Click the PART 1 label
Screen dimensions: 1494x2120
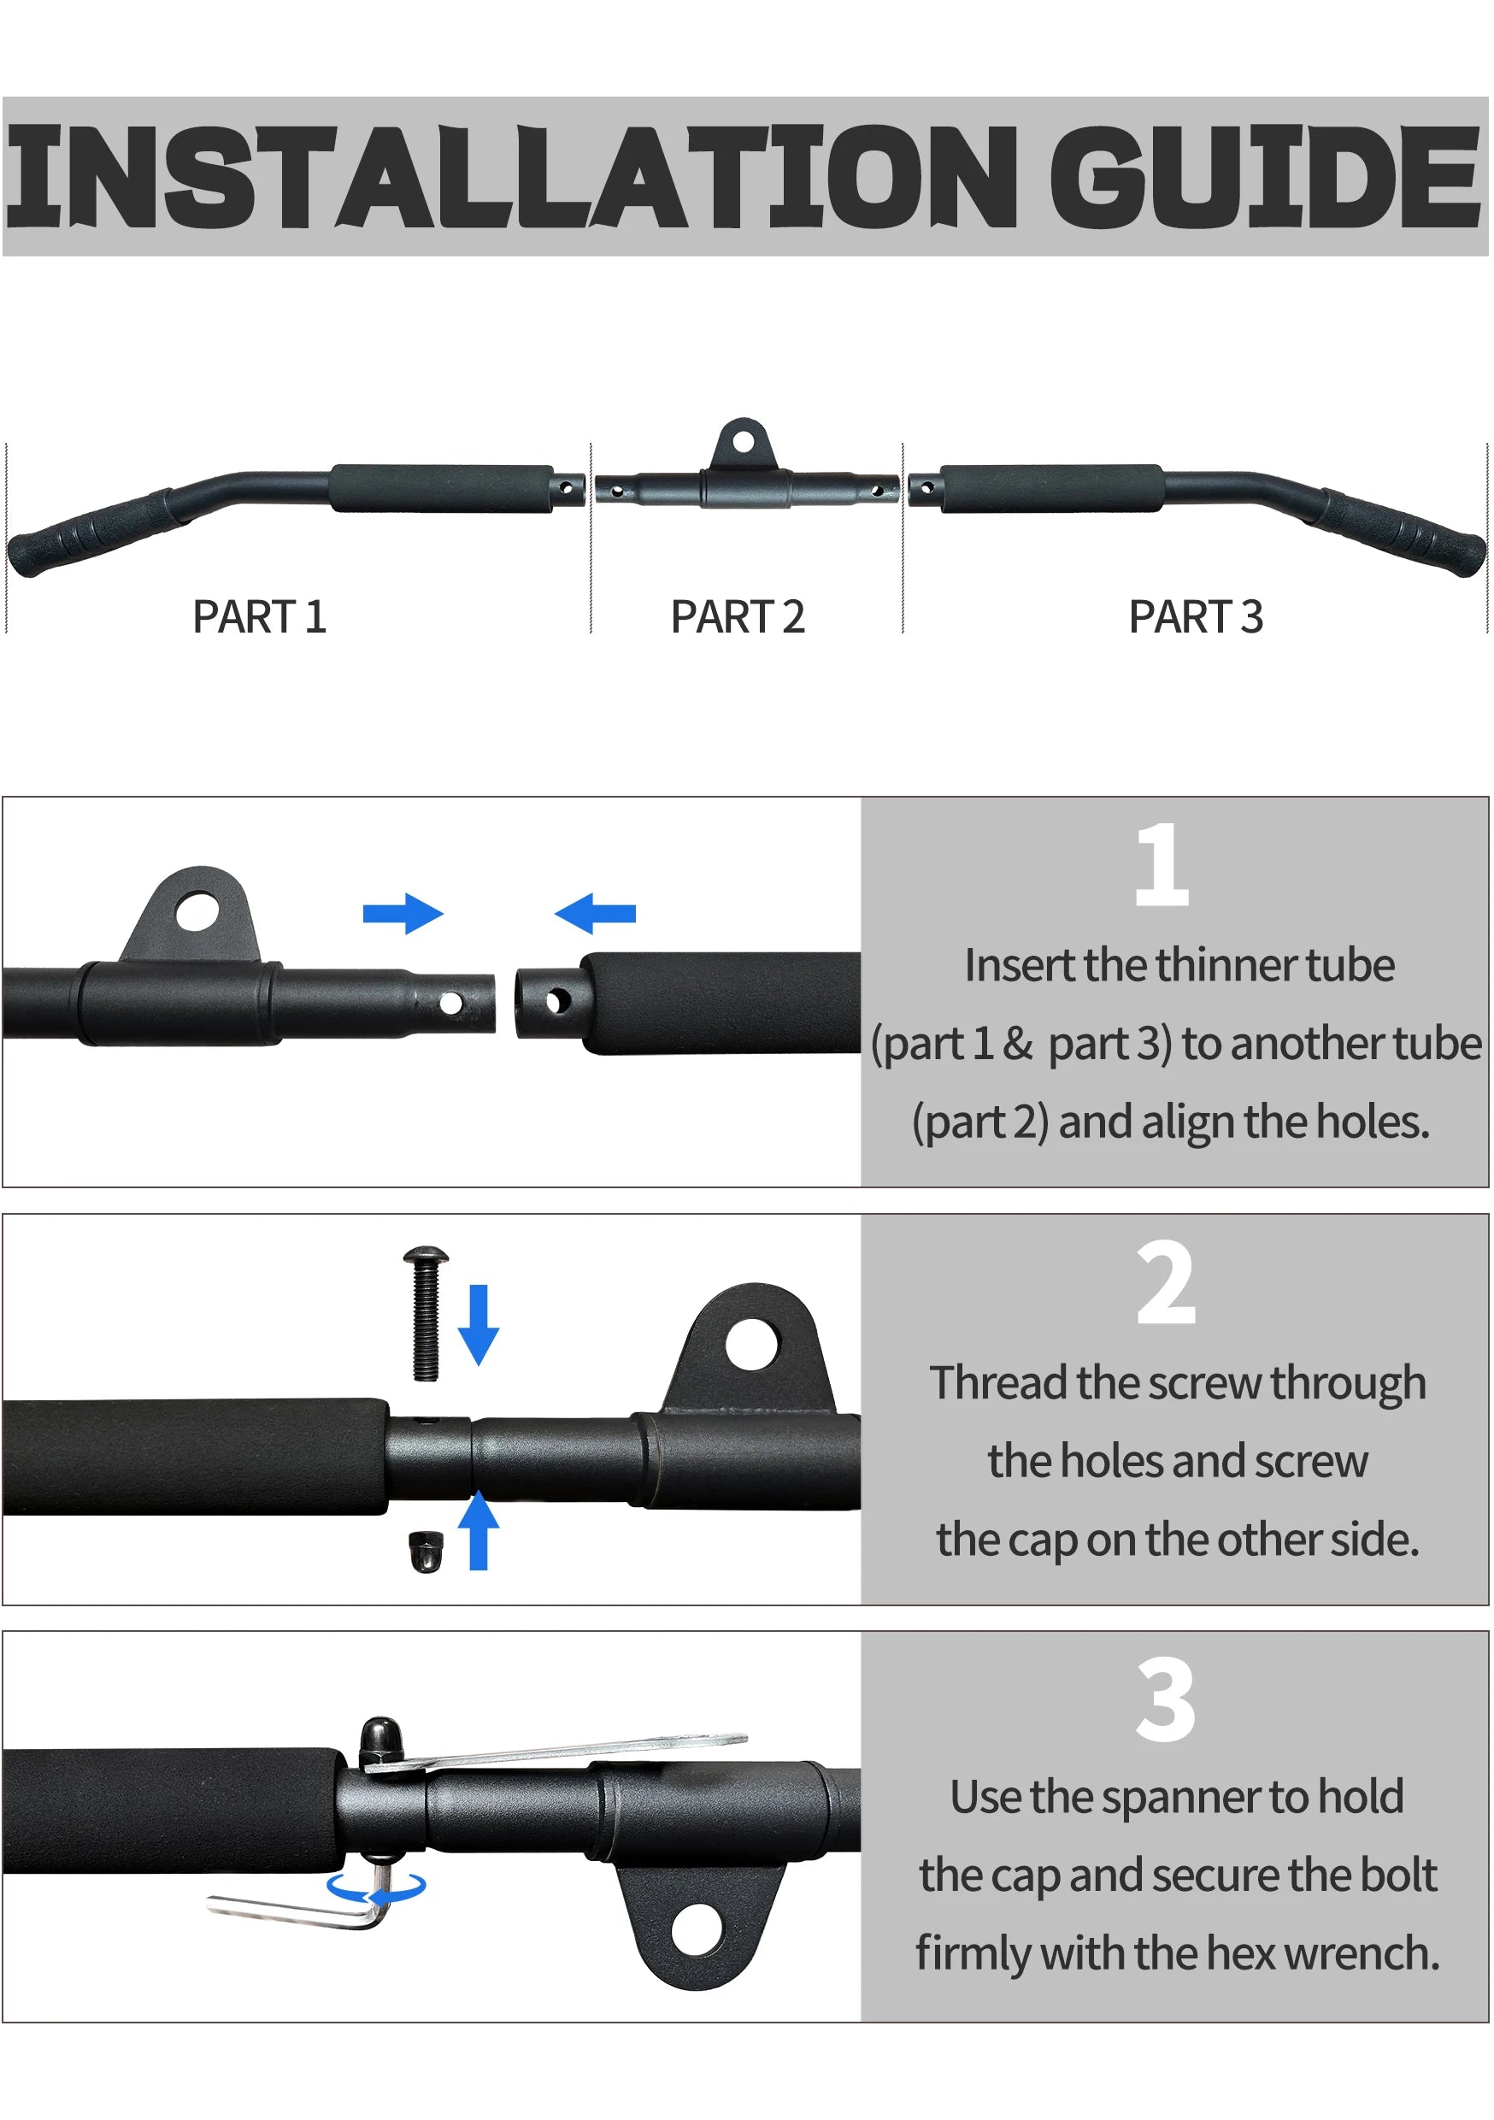[260, 617]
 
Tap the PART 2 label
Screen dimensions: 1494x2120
[738, 617]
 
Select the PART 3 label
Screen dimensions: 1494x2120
[1196, 617]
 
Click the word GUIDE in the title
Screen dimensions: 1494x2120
[1266, 177]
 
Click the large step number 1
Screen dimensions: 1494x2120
[1162, 864]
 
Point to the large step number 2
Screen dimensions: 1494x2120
[1166, 1282]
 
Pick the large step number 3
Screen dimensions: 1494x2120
[1166, 1700]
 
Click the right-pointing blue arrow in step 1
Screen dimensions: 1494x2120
[403, 914]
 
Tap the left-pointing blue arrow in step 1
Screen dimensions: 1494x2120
[596, 914]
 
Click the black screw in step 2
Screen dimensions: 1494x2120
[426, 1314]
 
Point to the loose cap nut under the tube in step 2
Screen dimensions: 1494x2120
[426, 1551]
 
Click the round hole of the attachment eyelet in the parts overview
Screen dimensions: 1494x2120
[744, 439]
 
